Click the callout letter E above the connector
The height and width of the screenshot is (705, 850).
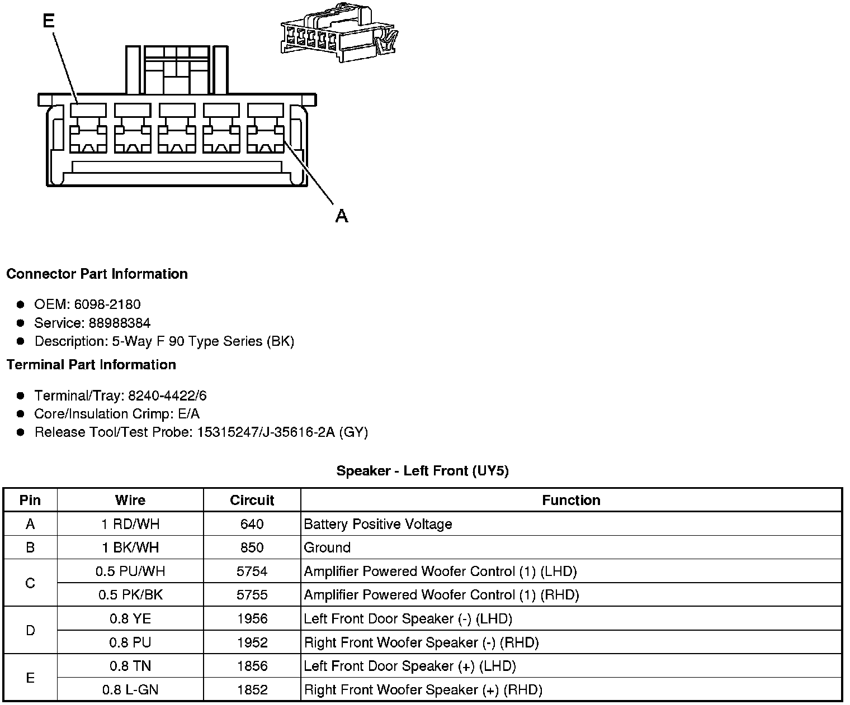[x=49, y=21]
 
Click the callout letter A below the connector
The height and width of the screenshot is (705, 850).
[x=342, y=216]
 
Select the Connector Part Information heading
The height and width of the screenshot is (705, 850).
[x=97, y=274]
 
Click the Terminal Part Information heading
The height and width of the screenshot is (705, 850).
[x=91, y=365]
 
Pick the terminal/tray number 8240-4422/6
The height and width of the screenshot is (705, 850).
[x=167, y=396]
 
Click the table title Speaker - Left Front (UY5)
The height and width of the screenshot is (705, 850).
[x=422, y=471]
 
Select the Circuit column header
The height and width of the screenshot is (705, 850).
[x=252, y=500]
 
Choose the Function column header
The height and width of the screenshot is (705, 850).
[x=571, y=500]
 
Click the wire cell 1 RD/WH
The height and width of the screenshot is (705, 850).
[x=130, y=524]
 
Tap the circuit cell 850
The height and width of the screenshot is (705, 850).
[x=252, y=547]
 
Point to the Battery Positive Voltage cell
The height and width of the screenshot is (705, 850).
[x=378, y=524]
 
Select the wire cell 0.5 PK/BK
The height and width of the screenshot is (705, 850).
[x=130, y=595]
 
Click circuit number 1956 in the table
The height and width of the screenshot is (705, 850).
[x=252, y=618]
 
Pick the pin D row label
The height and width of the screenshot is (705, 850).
[x=30, y=631]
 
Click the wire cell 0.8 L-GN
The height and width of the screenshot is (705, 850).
[x=130, y=690]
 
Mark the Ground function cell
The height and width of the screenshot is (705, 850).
[x=327, y=547]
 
